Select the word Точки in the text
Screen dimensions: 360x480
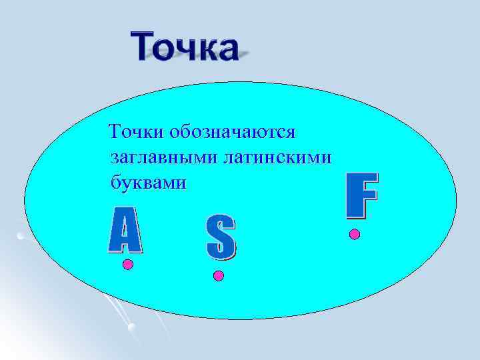point(137,132)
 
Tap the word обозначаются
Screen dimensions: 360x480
point(234,132)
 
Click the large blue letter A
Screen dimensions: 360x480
point(125,230)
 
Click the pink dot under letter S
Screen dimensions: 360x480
point(218,275)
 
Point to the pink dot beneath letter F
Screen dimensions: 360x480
point(355,234)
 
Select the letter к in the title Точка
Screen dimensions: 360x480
point(203,49)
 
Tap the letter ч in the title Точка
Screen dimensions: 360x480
point(183,49)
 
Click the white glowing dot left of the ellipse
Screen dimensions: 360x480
point(21,235)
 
